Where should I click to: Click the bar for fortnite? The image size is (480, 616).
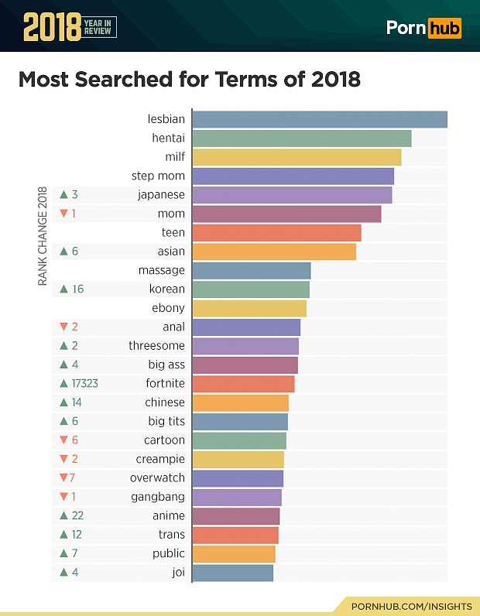pos(243,384)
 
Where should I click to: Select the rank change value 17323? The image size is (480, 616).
pos(84,384)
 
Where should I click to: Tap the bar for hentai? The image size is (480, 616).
pos(301,139)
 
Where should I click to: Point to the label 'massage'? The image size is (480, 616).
pos(161,270)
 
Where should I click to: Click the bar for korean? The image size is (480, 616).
pos(251,289)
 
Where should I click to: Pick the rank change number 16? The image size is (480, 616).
pos(77,289)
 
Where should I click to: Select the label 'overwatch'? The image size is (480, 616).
pos(157,478)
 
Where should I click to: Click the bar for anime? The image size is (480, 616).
pos(235,516)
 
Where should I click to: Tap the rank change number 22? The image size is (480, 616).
pos(77,516)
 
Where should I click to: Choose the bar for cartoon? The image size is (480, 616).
pos(239,440)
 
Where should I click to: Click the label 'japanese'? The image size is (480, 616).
pos(161,195)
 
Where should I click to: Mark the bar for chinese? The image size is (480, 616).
pos(240,402)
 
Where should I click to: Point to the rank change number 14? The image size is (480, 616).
pos(77,402)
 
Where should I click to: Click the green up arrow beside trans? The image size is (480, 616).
pos(63,535)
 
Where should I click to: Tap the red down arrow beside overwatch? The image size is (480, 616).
pos(63,478)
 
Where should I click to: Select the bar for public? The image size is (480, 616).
pos(234,553)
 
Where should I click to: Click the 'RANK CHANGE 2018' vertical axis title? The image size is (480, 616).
pos(43,236)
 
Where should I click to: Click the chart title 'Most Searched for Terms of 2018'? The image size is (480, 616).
pos(189,79)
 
